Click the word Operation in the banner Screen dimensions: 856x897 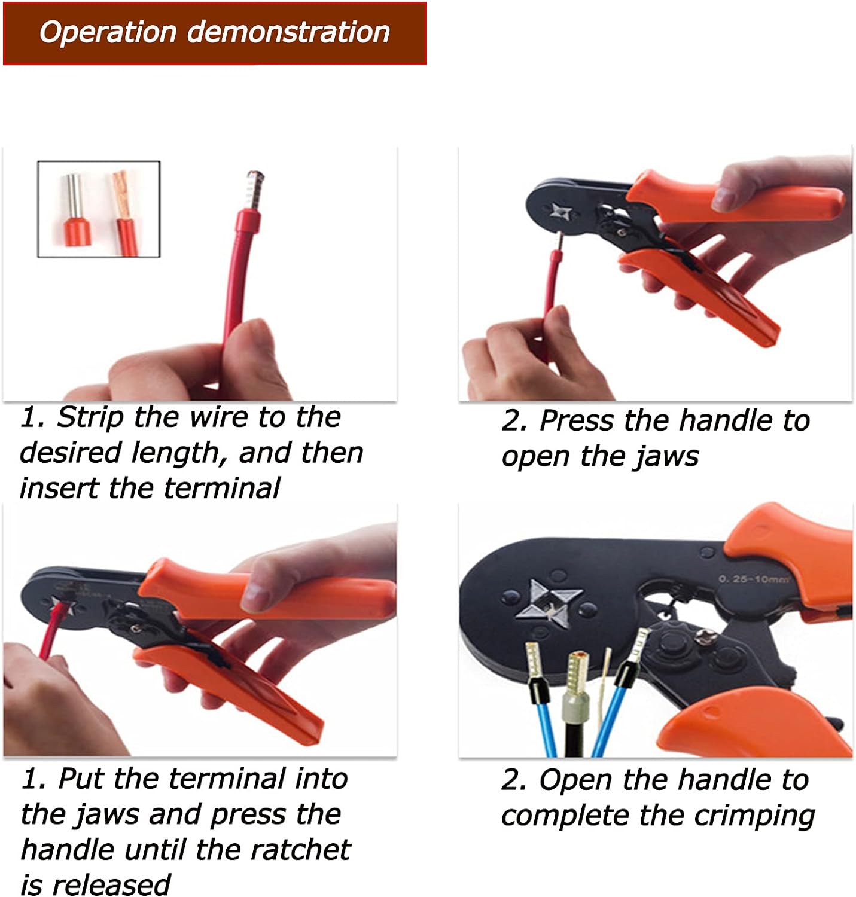pos(108,32)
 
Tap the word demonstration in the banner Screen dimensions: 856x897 pos(288,32)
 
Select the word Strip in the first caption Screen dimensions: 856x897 pos(90,417)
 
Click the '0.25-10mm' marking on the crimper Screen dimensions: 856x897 pos(754,579)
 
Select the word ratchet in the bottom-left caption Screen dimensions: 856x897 pos(300,850)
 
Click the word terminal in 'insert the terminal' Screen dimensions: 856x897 pos(221,488)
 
